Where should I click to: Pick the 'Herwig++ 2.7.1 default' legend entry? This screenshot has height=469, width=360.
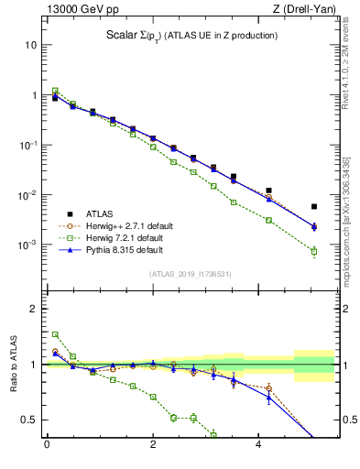[127, 224]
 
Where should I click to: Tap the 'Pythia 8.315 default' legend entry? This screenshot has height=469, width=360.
[124, 250]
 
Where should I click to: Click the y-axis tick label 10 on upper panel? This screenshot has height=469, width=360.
[31, 45]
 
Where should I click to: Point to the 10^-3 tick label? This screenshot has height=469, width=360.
[28, 245]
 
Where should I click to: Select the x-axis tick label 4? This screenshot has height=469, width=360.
[260, 446]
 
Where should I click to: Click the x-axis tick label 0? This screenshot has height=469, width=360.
[47, 446]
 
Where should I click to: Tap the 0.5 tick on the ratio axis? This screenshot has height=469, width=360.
[30, 420]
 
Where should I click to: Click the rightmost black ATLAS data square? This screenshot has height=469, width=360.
[314, 207]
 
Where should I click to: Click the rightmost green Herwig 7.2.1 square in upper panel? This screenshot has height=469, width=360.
[314, 251]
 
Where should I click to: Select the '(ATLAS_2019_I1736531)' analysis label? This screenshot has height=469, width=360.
[189, 274]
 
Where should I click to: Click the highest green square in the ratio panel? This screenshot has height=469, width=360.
[55, 334]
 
